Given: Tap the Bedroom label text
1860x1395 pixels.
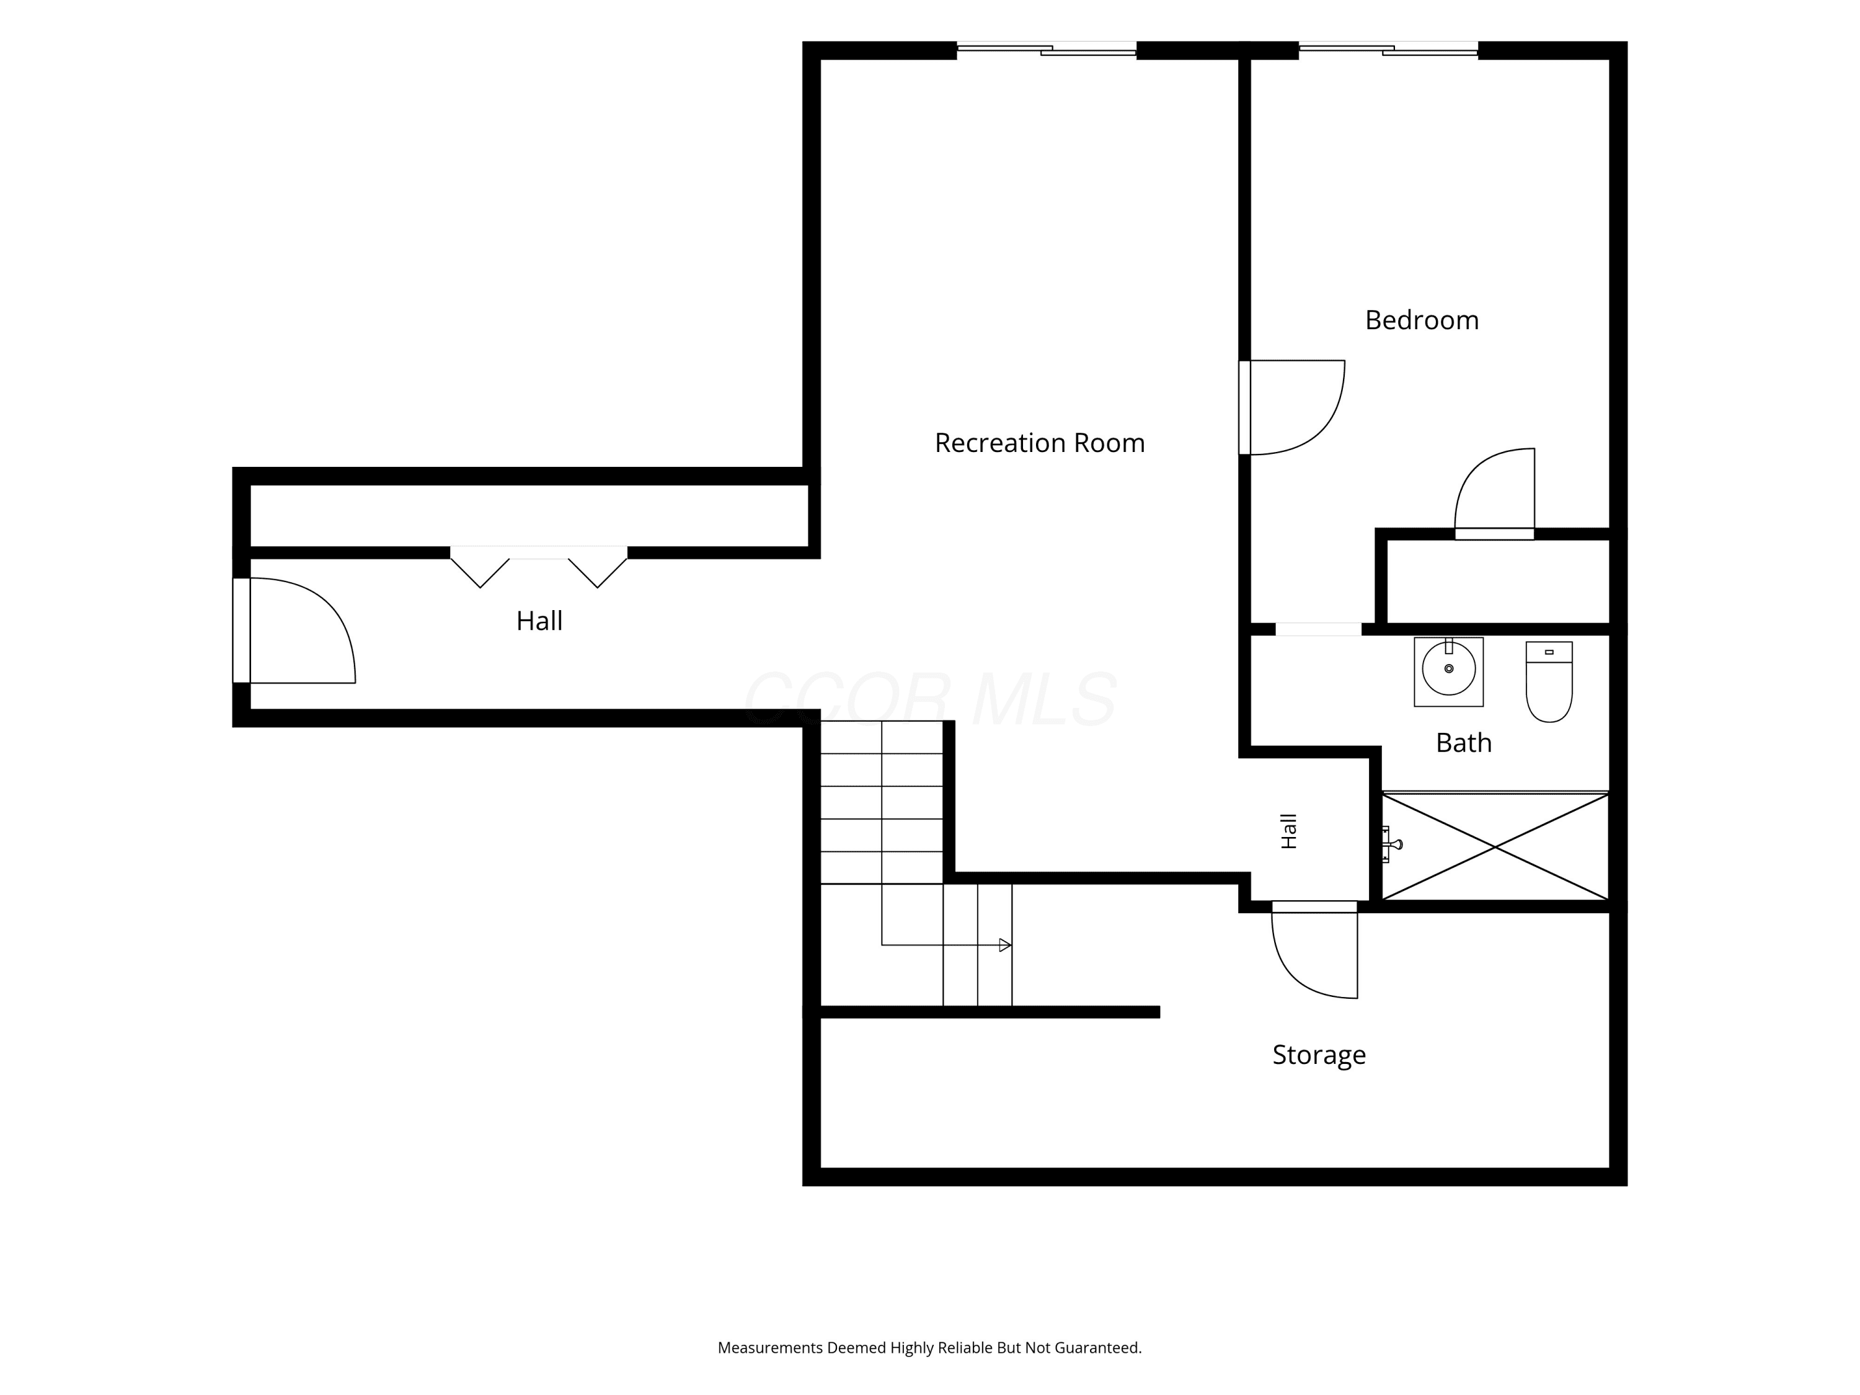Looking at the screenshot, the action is pos(1422,321).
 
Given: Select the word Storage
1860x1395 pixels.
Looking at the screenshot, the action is pos(1319,1055).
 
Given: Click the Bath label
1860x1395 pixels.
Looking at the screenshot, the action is pos(1464,743).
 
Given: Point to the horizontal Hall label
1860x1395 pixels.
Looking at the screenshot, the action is pos(539,621).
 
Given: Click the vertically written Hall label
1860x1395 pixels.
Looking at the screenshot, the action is pos(1289,831).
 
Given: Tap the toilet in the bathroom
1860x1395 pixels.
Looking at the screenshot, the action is pos(1549,682).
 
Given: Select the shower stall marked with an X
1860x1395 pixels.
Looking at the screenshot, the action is pos(1495,847).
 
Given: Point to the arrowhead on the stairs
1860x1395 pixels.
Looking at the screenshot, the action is pos(1005,945).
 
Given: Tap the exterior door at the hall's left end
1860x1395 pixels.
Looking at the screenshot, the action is pos(294,631).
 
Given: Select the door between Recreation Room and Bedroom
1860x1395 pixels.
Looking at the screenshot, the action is pos(1293,408).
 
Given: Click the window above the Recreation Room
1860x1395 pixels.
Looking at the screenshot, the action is pos(1047,49).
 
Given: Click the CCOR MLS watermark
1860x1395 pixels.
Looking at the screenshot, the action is pos(930,699).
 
